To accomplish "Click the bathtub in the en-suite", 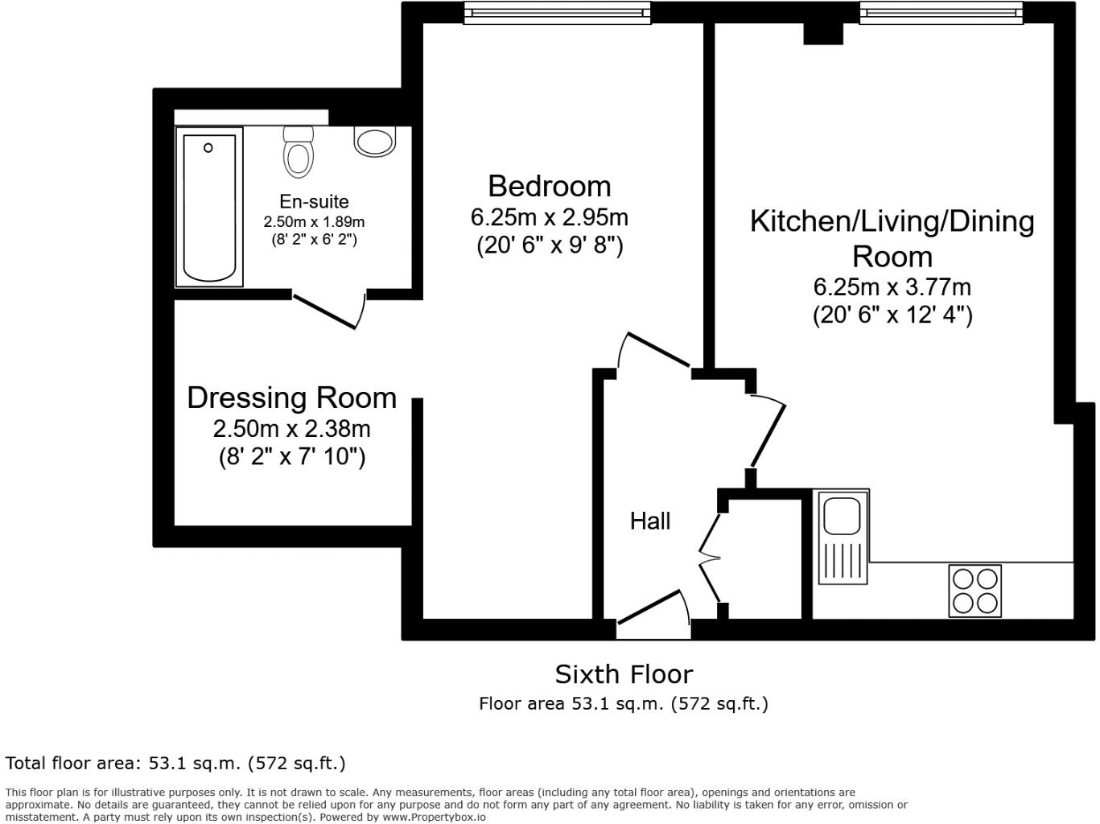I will point(209,208).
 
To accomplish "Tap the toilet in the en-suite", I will point(298,152).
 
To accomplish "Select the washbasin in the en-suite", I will point(374,142).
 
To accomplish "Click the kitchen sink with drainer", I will point(843,536).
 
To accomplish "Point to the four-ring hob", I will point(974,591).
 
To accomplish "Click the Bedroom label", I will point(550,186).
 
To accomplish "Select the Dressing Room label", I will point(291,398).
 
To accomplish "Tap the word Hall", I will point(649,521).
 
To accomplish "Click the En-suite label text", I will point(314,201).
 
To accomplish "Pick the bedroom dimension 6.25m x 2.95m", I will point(550,217).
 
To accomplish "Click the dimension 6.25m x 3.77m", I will point(892,286).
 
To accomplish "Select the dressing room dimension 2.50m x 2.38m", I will point(291,428).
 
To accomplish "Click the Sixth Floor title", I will point(624,674).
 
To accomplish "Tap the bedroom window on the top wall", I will point(557,12).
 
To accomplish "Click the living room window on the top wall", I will point(941,12).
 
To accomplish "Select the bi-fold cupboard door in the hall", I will point(708,555).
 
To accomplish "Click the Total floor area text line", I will point(175,763).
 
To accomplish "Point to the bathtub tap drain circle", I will point(208,148).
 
